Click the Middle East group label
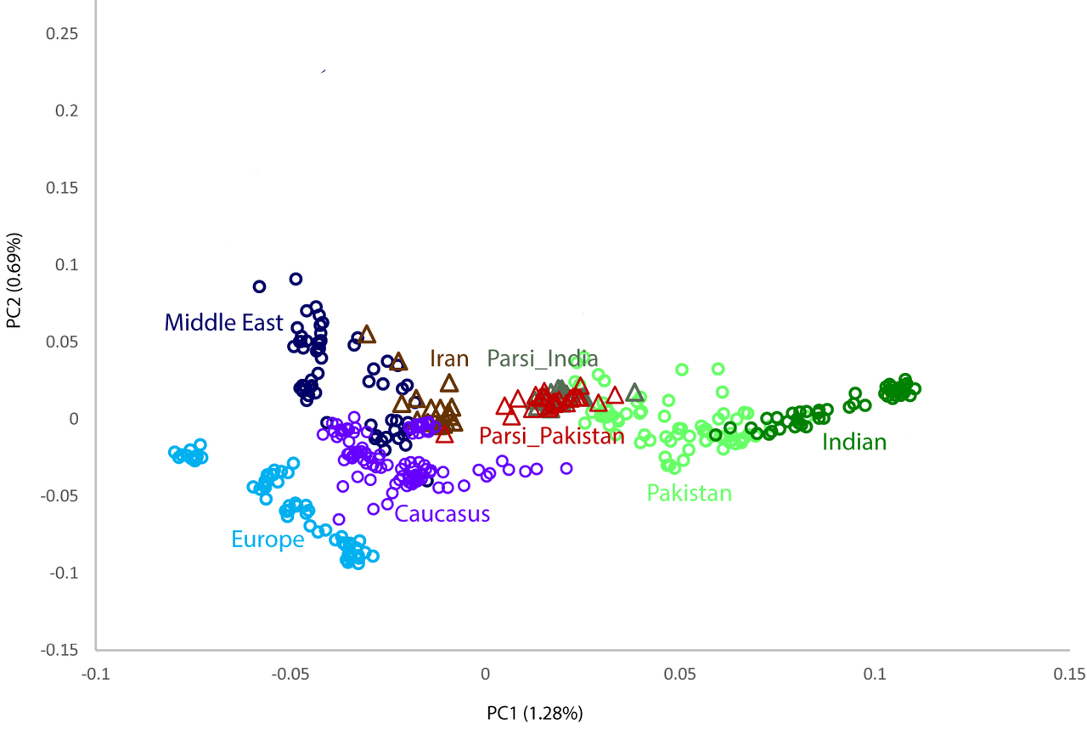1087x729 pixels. [223, 323]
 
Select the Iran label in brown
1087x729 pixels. [449, 359]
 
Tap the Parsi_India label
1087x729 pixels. [543, 359]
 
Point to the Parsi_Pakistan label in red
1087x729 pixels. [552, 436]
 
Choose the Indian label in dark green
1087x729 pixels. [854, 442]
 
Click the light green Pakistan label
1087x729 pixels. [690, 493]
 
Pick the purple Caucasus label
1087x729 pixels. [442, 513]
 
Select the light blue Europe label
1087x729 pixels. [268, 540]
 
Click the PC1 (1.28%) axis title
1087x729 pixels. [535, 713]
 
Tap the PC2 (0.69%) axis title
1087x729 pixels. [14, 280]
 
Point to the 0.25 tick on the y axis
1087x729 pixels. [62, 33]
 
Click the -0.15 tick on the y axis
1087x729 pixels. [59, 650]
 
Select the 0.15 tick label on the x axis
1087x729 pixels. [1069, 674]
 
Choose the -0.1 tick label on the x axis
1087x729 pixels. [96, 674]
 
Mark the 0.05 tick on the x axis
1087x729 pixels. [680, 674]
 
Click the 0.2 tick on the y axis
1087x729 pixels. [66, 110]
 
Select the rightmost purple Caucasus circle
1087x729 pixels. [566, 468]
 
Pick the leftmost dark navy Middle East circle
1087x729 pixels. [260, 286]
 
